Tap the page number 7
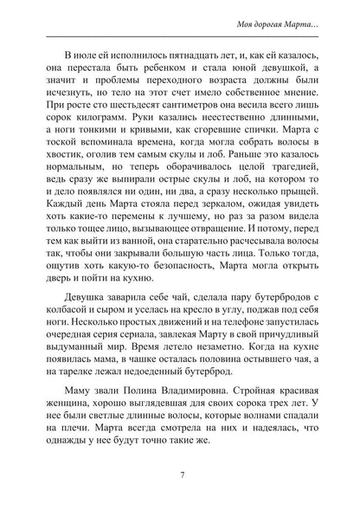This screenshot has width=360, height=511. point(180,474)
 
